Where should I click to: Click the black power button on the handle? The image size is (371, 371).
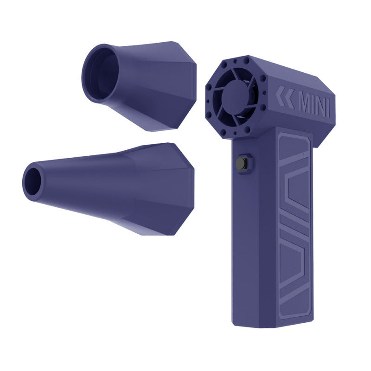242,164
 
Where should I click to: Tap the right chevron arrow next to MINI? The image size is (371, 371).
289,98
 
